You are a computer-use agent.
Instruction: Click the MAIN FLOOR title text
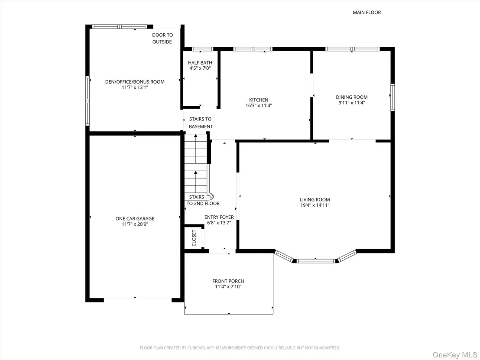tap(367, 13)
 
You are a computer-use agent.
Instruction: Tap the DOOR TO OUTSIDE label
tap(162, 38)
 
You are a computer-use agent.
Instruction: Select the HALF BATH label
tap(200, 63)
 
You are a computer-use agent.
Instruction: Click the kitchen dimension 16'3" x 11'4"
tap(259, 106)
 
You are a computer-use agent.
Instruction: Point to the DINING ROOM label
tap(352, 97)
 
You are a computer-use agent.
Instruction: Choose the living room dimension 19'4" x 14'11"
tap(315, 205)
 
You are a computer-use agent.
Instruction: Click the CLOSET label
tap(194, 238)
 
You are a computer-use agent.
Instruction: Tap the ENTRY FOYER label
tap(219, 217)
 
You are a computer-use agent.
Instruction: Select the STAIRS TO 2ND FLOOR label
tap(203, 200)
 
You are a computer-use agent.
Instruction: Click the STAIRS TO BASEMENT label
tap(201, 123)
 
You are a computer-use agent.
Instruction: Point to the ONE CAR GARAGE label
tap(135, 219)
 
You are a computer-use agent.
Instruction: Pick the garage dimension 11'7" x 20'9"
tap(135, 224)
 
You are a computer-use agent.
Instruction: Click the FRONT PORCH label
tap(228, 281)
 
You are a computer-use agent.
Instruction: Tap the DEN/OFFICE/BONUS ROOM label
tap(135, 82)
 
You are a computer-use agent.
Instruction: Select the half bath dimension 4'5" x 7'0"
tap(200, 68)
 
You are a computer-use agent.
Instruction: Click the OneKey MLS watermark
tap(455, 355)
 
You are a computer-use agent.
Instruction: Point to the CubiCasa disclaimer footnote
tap(240, 348)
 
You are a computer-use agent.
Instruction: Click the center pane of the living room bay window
tap(316, 261)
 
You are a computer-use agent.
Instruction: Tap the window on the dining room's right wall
tap(392, 97)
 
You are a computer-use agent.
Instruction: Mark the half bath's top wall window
tap(202, 49)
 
